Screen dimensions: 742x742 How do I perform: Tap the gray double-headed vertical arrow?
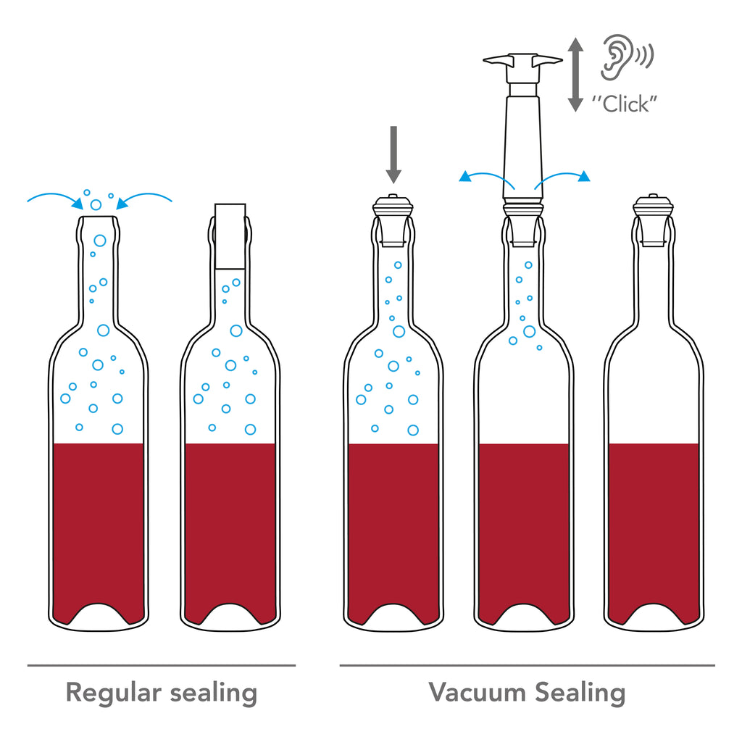click(x=575, y=75)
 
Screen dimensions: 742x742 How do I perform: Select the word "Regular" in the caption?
click(x=114, y=693)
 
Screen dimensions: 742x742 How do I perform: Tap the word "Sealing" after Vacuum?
click(x=580, y=693)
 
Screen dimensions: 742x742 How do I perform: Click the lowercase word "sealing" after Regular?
click(x=214, y=693)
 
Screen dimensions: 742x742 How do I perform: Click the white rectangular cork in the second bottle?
click(x=230, y=236)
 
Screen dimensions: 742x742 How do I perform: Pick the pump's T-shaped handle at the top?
click(x=522, y=66)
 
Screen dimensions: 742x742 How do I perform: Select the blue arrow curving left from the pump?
click(x=488, y=176)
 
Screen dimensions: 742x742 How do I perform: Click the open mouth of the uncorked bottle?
click(x=98, y=217)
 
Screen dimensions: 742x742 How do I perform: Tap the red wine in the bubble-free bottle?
click(x=654, y=525)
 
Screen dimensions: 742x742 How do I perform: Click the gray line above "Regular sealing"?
click(x=162, y=665)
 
